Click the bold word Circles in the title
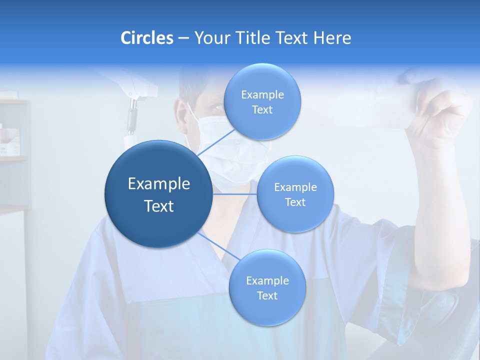pyautogui.click(x=147, y=38)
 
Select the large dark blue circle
pyautogui.click(x=158, y=194)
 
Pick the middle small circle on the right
pyautogui.click(x=295, y=194)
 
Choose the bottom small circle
pyautogui.click(x=267, y=287)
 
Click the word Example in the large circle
pyautogui.click(x=159, y=184)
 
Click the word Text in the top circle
pyautogui.click(x=262, y=110)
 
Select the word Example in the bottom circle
pyautogui.click(x=267, y=280)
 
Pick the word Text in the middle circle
pyautogui.click(x=295, y=202)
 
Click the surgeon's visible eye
pyautogui.click(x=216, y=107)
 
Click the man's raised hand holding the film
pyautogui.click(x=440, y=115)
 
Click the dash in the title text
pyautogui.click(x=183, y=38)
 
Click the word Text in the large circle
pyautogui.click(x=159, y=206)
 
